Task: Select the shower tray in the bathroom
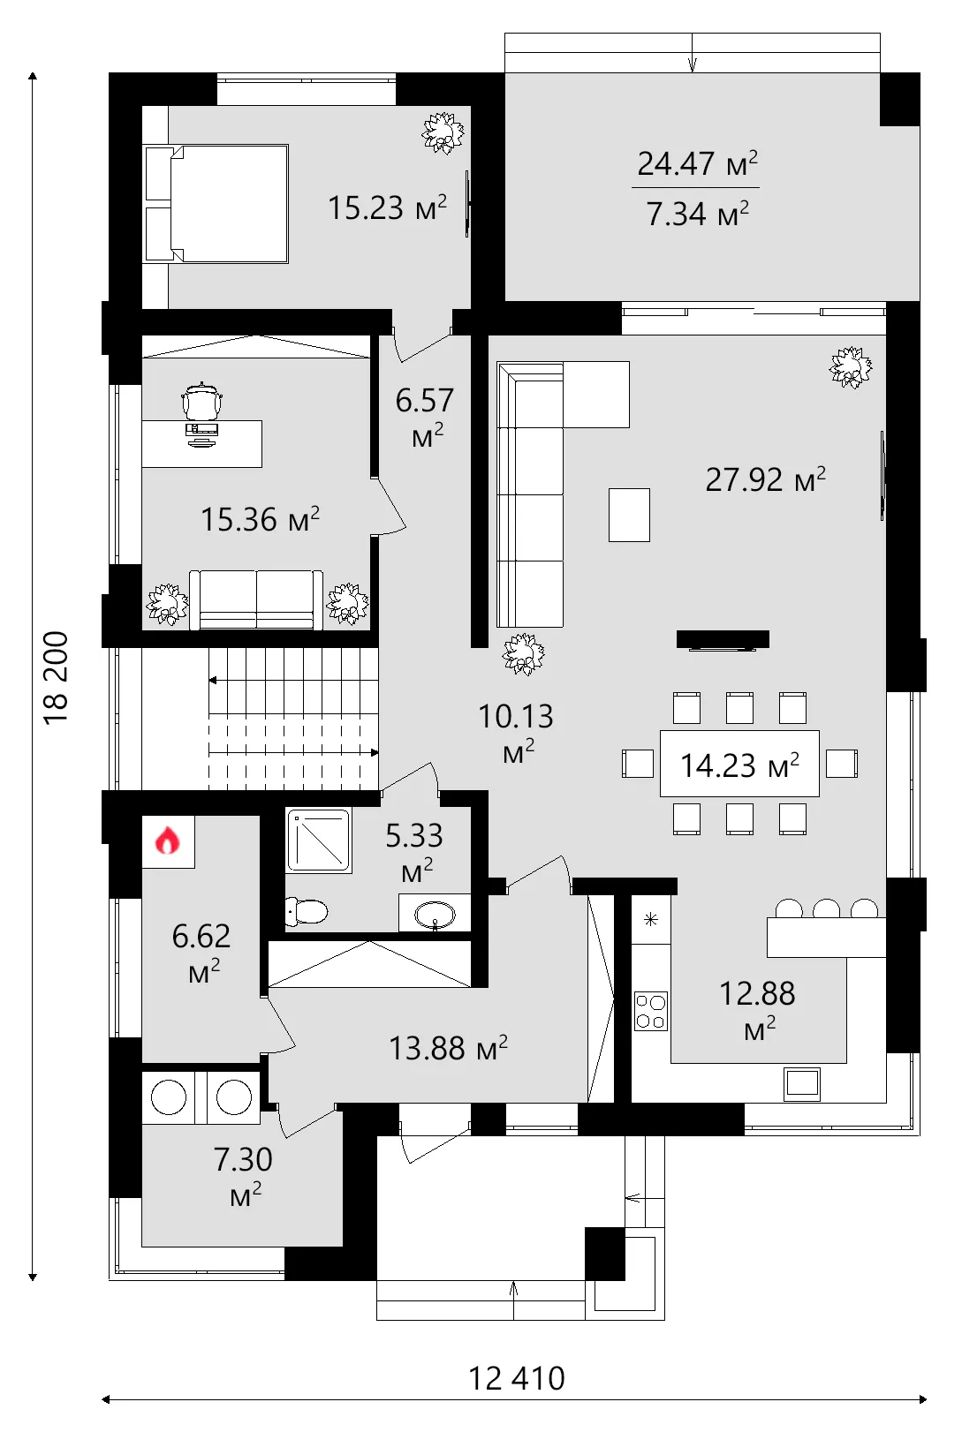click(x=319, y=840)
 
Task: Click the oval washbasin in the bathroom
click(x=435, y=916)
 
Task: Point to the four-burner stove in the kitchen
click(x=650, y=1011)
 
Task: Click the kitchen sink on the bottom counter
click(x=802, y=1083)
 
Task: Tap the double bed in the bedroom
click(x=216, y=204)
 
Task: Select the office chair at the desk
click(x=203, y=402)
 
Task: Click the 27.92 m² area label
click(x=765, y=479)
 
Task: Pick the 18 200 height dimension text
click(x=57, y=678)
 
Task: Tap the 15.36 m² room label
click(x=260, y=519)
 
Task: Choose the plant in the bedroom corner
click(x=443, y=133)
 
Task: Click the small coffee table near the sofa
click(x=629, y=516)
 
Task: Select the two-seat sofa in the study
click(x=256, y=599)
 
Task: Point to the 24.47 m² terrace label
click(x=697, y=163)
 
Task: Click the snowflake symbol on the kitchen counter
click(x=650, y=920)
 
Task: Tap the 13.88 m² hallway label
click(x=449, y=1049)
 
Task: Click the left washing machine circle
click(x=168, y=1097)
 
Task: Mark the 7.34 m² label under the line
click(x=697, y=214)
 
